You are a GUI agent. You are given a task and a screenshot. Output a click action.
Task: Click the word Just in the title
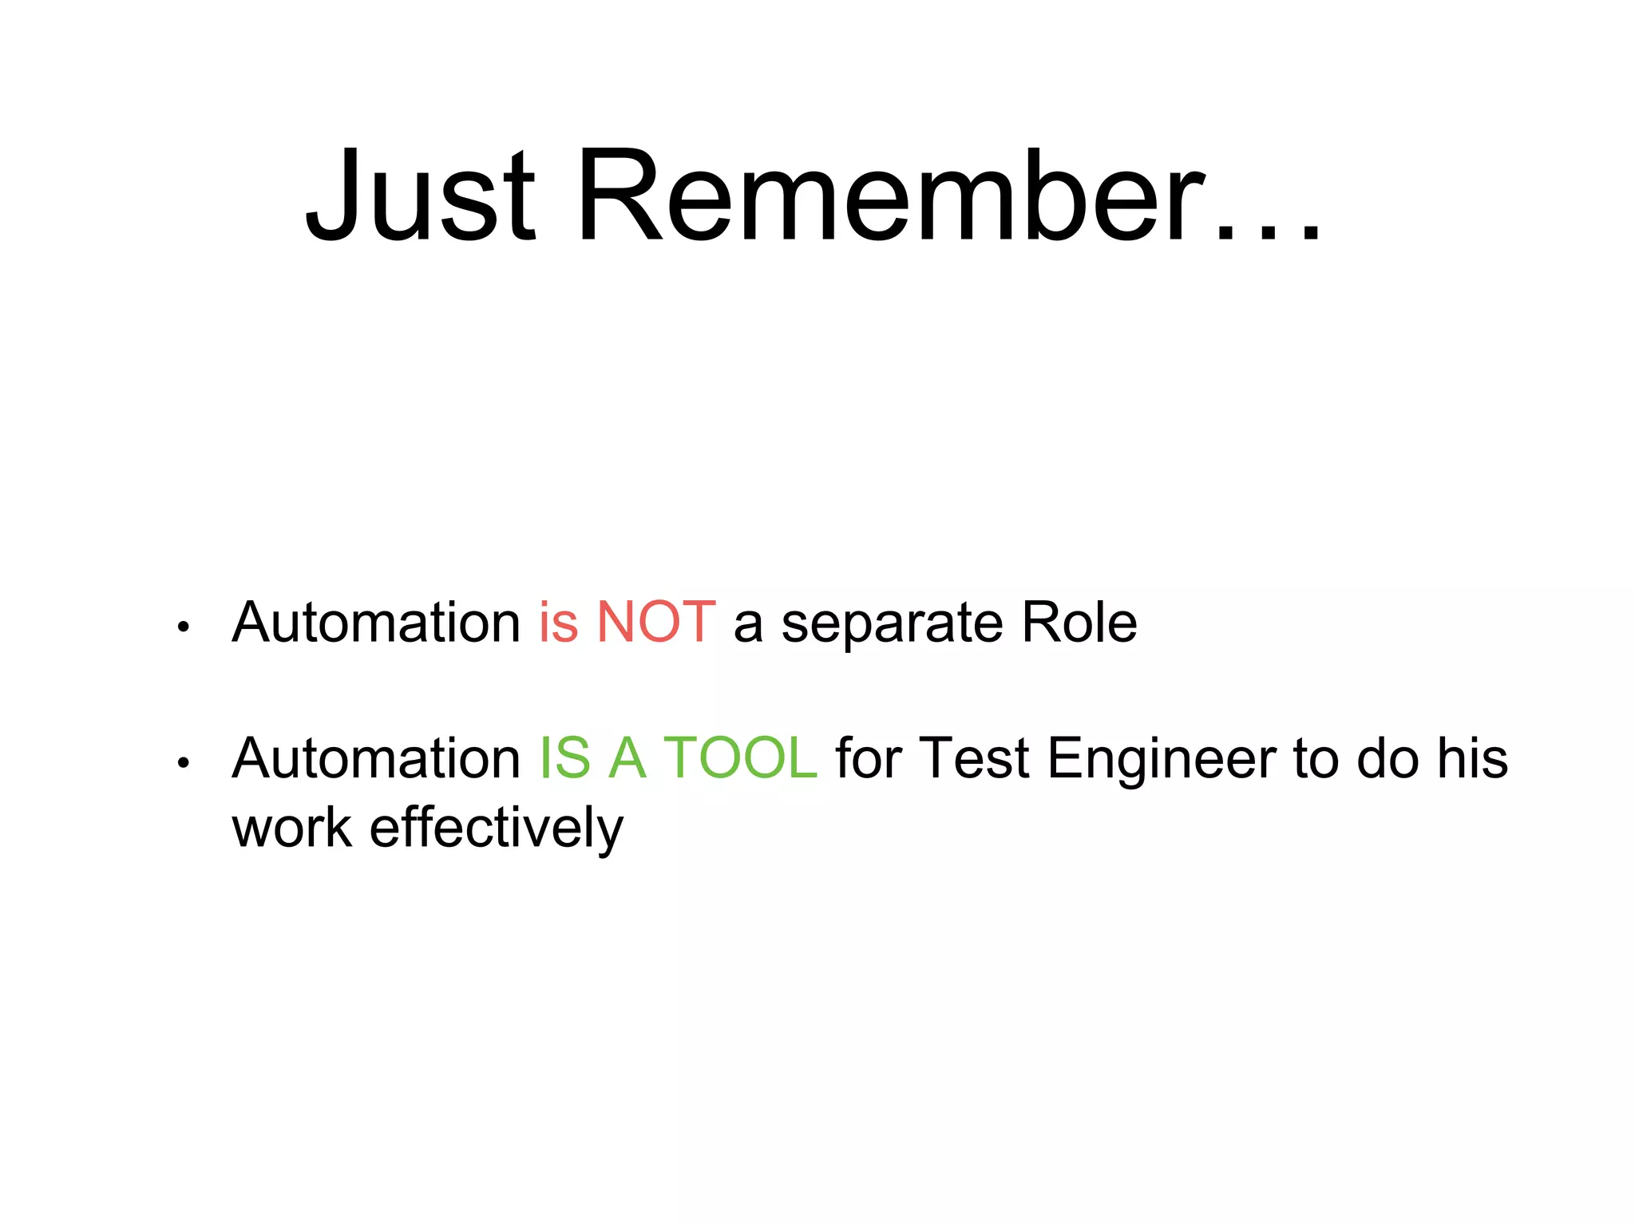tap(420, 196)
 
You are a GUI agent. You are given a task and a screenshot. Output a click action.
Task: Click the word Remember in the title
tap(890, 196)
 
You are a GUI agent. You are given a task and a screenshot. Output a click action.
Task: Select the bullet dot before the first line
tap(184, 627)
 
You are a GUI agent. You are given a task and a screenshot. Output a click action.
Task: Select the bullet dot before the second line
tap(184, 763)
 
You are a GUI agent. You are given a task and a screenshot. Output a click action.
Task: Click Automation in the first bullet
tap(376, 623)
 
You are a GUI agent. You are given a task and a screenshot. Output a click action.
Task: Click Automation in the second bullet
tap(376, 758)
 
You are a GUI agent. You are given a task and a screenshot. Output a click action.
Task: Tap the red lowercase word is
tap(558, 623)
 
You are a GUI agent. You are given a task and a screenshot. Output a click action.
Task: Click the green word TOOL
tap(740, 758)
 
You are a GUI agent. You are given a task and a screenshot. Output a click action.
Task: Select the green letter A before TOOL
tap(627, 758)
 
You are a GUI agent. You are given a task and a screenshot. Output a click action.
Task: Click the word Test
tap(975, 758)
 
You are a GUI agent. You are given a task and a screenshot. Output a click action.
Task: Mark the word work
tap(292, 828)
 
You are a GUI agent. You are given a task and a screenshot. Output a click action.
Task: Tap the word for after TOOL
tap(869, 758)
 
